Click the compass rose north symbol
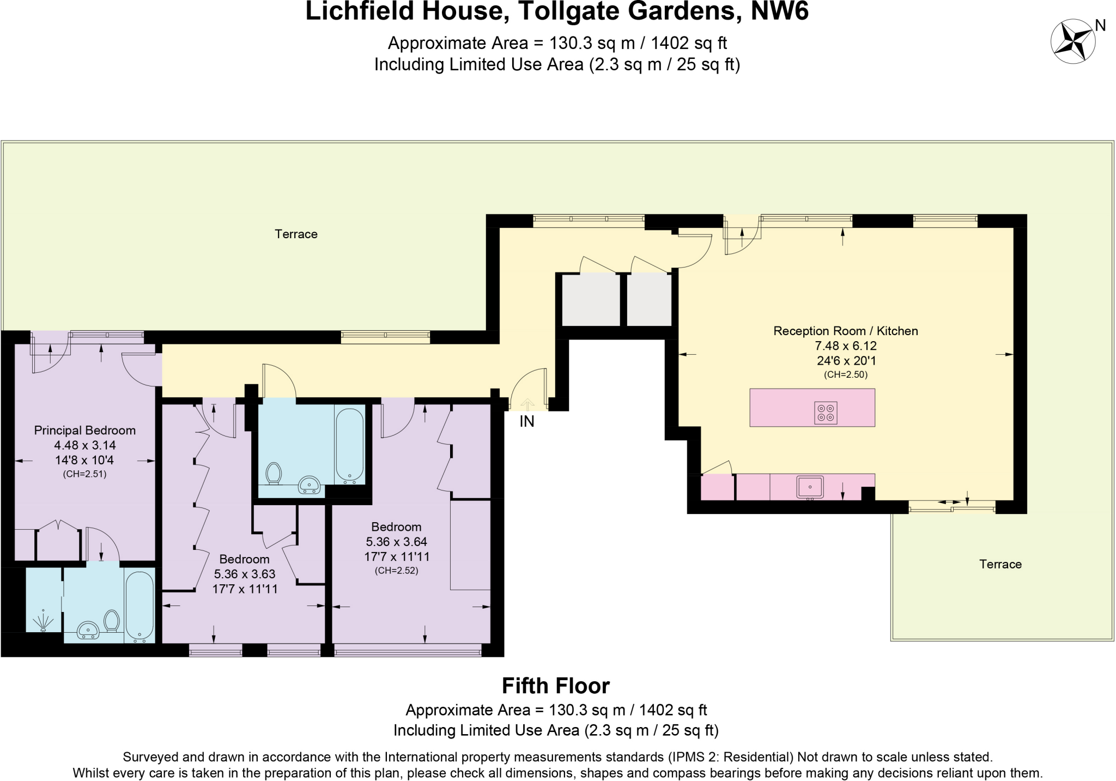coord(1072,41)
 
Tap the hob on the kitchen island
coord(826,413)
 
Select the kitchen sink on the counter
coord(810,487)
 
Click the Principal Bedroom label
coord(84,431)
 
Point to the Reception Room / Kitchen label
coord(845,331)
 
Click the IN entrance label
coord(526,421)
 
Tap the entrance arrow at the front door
coord(527,404)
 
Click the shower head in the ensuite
coord(44,622)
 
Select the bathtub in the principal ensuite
coord(139,606)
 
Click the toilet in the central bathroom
coord(274,473)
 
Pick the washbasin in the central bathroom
coord(310,485)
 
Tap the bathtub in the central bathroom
coord(349,445)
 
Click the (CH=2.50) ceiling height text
coord(845,374)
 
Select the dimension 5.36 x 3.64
coord(396,542)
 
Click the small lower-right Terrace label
coord(1000,565)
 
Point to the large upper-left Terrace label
coord(296,234)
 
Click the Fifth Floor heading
coord(555,686)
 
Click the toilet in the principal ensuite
coord(112,621)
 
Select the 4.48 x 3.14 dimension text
coord(84,445)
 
